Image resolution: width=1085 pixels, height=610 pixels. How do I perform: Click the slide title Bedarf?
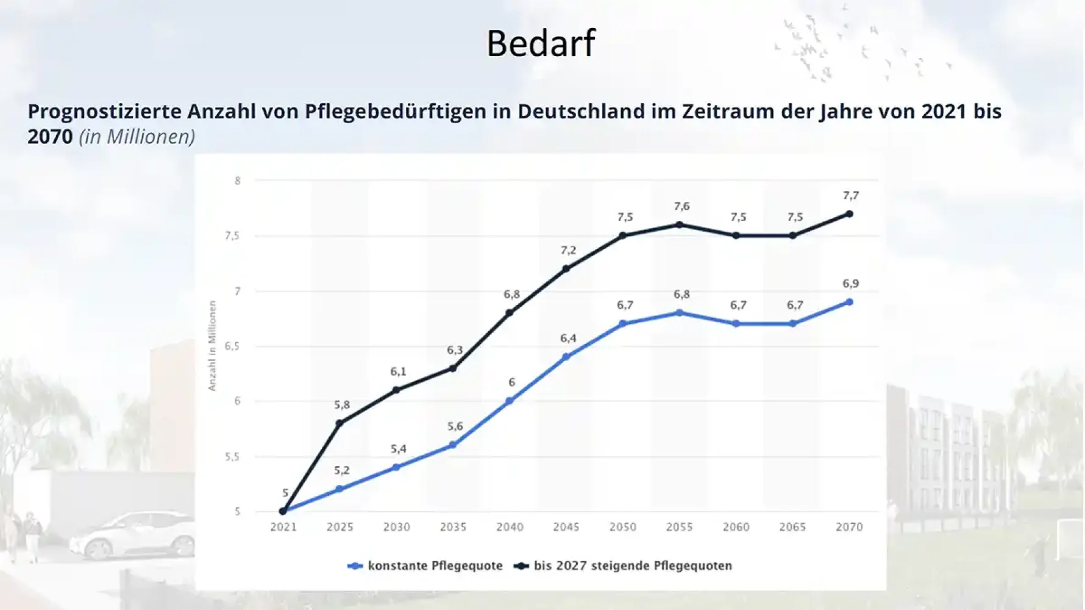(541, 43)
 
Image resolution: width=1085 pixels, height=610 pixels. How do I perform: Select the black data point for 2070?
(849, 214)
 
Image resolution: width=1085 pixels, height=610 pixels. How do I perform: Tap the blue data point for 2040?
(510, 401)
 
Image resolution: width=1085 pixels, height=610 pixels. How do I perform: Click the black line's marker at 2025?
(340, 423)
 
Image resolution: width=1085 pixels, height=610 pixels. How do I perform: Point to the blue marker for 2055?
(680, 313)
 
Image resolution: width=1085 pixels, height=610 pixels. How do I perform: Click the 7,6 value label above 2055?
(681, 206)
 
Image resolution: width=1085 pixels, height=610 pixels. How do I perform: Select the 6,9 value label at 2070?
(850, 284)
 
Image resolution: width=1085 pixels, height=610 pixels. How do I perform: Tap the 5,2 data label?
(341, 470)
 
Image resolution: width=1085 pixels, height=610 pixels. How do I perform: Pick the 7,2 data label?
(568, 250)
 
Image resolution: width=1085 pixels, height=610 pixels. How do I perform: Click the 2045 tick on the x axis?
(566, 527)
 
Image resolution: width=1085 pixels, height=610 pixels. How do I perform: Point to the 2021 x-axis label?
(283, 527)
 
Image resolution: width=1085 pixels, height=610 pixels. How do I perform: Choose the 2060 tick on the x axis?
(736, 527)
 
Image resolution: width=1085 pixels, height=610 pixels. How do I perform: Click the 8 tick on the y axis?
(238, 181)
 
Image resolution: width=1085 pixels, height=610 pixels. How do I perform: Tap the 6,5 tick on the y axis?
(232, 346)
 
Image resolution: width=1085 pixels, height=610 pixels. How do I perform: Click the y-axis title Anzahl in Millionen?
(212, 346)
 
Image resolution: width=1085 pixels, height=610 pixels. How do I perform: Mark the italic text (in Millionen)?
(137, 137)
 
